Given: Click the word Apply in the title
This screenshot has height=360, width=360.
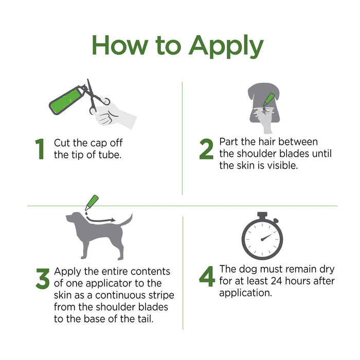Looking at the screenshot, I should click(x=226, y=46).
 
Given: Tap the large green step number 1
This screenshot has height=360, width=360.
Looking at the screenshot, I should click(x=40, y=149).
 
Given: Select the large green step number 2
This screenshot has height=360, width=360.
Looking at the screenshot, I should click(x=206, y=149).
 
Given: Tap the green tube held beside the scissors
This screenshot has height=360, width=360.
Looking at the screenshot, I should click(x=66, y=100).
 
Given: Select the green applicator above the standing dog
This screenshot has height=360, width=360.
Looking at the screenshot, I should click(x=91, y=202).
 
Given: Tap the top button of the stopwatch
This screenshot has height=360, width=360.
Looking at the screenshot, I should click(x=262, y=214).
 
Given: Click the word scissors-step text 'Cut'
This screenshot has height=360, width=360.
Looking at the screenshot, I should click(x=63, y=142).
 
